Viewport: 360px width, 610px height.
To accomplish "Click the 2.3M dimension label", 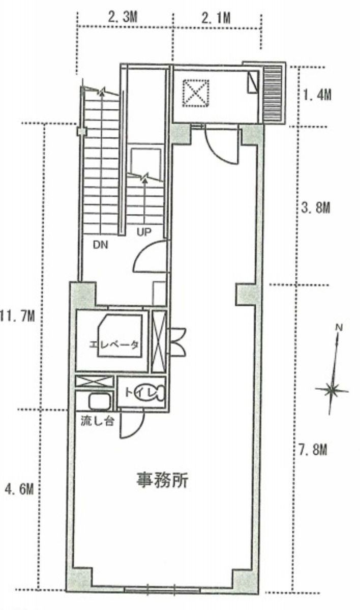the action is pos(123,17).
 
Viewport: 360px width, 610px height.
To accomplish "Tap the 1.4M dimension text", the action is pos(317,95).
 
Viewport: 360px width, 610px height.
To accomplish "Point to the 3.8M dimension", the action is pos(316,208).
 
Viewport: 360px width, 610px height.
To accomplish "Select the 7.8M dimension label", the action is pos(313,450).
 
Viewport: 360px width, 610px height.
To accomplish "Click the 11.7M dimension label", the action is pos(17,316).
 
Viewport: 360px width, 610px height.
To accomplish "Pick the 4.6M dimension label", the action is pos(19,488).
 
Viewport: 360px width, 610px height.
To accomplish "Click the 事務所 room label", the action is pos(163,480).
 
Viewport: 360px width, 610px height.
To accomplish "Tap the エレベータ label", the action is pos(114,344).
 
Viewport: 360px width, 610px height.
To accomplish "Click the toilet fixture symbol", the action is pos(149,393).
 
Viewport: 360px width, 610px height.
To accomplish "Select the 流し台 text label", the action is pos(97,421).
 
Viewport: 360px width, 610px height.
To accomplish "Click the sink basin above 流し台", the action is pos(100,401).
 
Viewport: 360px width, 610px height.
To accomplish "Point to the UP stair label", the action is pos(143,233).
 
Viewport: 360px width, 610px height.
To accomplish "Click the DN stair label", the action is pos(100,245).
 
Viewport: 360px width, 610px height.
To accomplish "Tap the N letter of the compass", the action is pos(339,328).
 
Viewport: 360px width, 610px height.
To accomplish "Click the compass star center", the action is pos(332,389).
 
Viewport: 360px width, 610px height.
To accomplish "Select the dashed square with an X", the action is pos(196,93).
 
